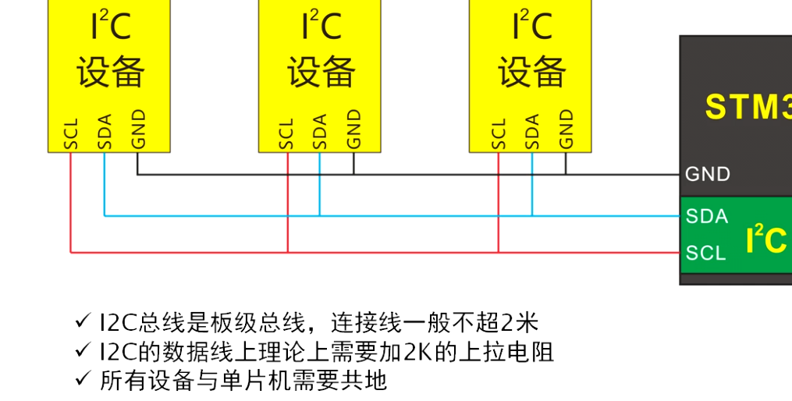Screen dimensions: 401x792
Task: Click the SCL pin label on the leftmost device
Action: (71, 133)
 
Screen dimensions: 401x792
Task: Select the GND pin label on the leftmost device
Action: (138, 129)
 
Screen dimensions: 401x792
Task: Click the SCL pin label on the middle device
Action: (286, 133)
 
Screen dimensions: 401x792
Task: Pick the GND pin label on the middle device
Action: (353, 129)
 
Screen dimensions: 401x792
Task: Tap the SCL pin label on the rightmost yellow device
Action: (499, 133)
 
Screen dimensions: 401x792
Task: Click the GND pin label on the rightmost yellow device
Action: (566, 129)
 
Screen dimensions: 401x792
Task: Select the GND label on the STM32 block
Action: (708, 174)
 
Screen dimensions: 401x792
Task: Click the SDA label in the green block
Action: (707, 216)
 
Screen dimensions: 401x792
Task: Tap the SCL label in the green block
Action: (706, 253)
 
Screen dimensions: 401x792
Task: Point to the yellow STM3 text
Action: (748, 107)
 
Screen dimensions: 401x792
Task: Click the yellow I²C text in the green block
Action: (765, 240)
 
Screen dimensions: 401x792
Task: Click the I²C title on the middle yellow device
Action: (321, 27)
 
